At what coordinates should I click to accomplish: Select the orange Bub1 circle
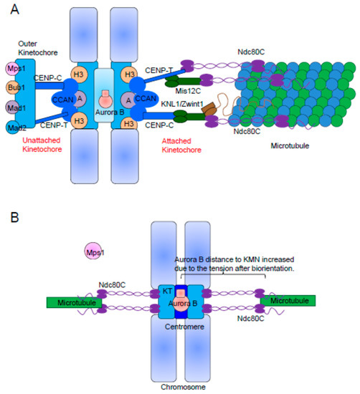pos(13,89)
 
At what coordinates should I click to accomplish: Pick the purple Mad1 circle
pos(13,108)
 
